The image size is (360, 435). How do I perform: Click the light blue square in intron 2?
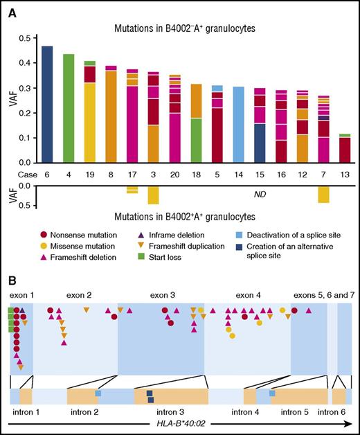pyautogui.click(x=98, y=393)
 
